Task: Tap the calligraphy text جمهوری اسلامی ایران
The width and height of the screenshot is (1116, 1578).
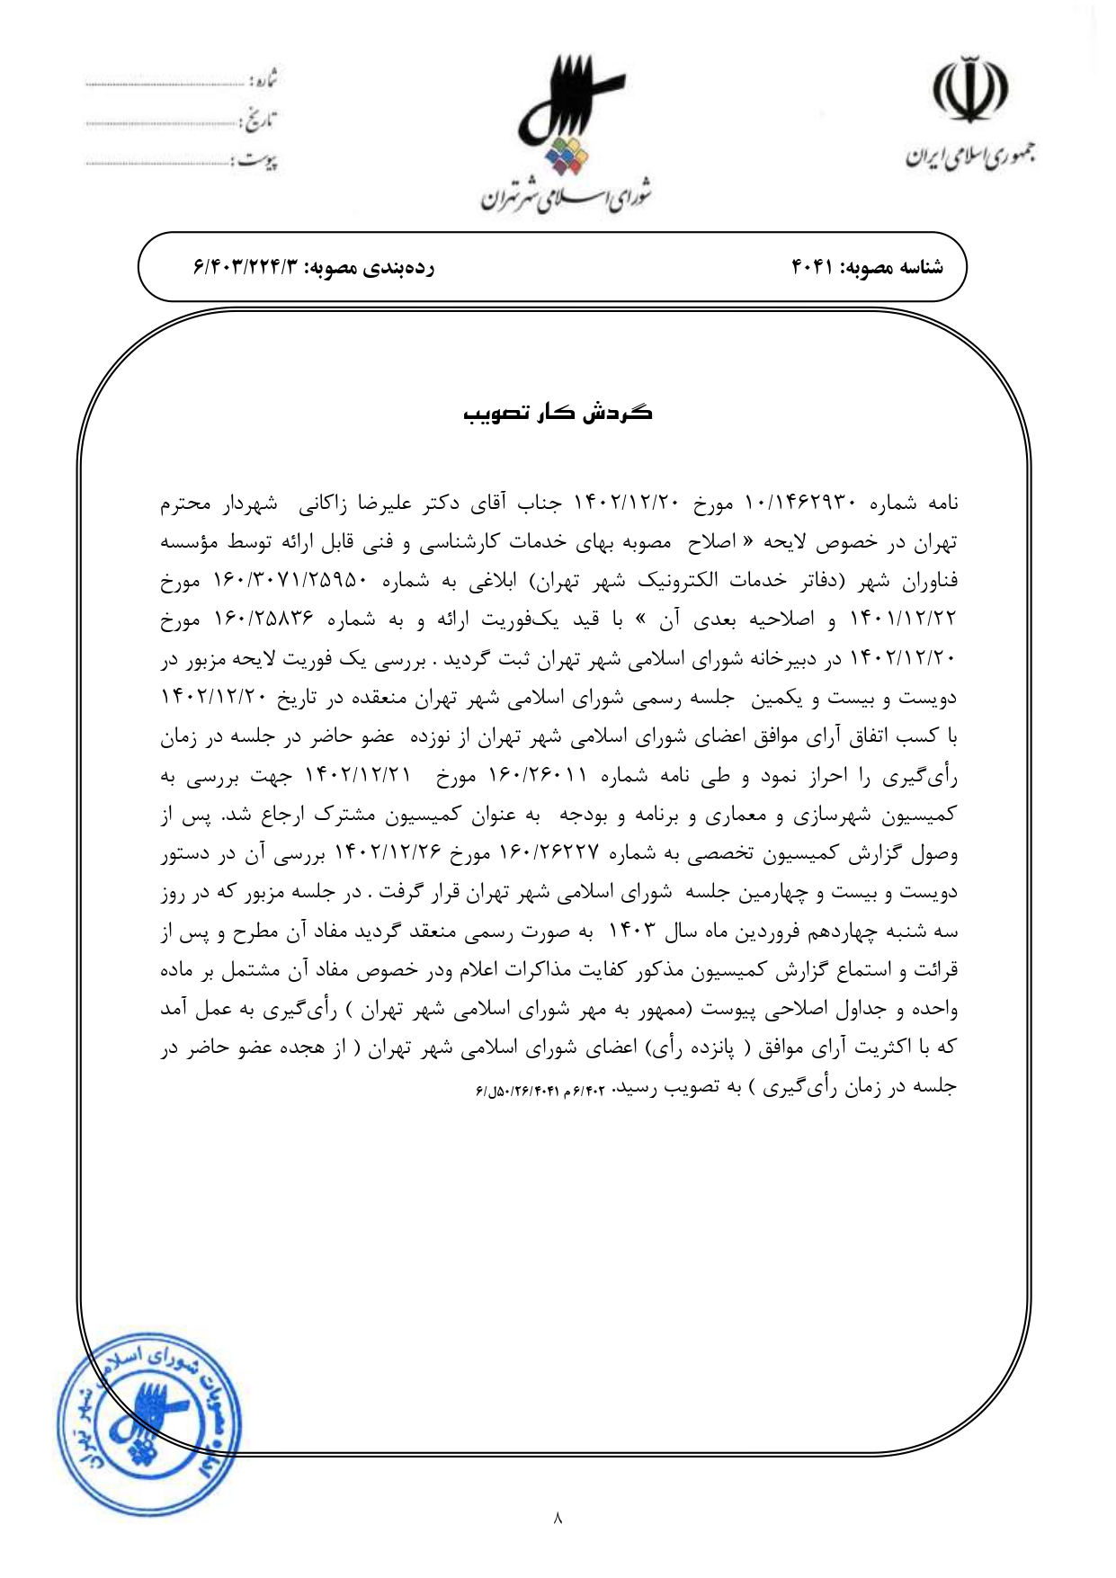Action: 969,159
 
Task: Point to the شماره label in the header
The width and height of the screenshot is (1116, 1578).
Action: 263,80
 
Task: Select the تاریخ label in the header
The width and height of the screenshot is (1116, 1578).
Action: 260,120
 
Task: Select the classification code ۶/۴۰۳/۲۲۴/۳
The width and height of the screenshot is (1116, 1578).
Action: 246,267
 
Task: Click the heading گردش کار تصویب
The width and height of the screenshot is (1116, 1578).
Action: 558,413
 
